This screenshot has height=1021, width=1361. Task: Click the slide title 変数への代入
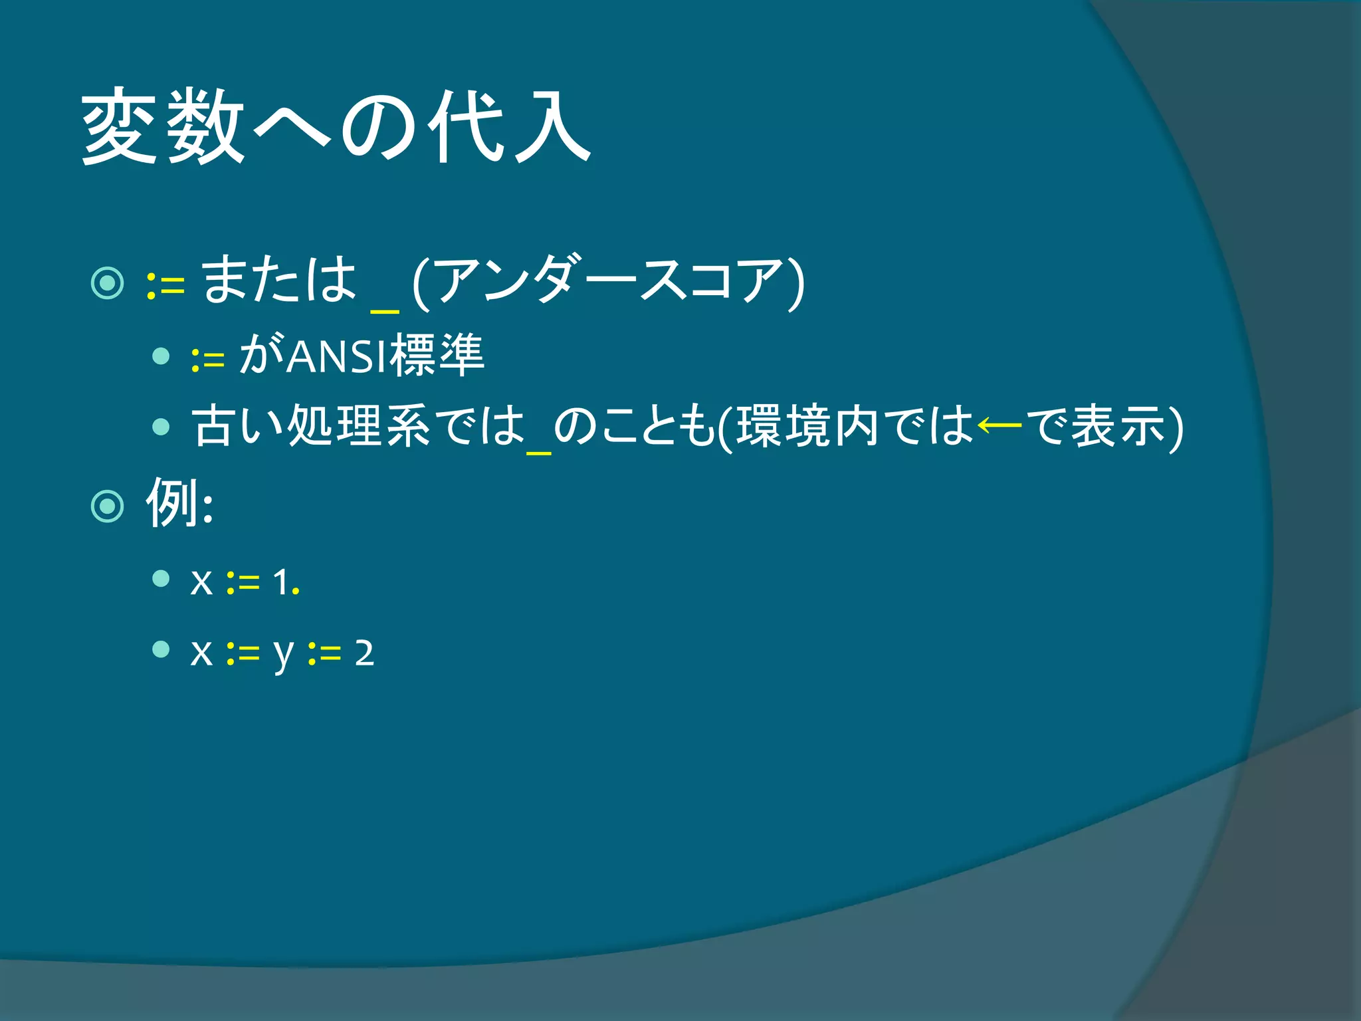pos(336,126)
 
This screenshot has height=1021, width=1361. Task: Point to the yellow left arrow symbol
pos(999,425)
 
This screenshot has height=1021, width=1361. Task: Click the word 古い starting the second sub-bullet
pos(239,426)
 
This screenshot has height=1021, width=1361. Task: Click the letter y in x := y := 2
pos(284,655)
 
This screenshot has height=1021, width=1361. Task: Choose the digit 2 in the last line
pos(364,653)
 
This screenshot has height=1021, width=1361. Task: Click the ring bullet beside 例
pos(107,507)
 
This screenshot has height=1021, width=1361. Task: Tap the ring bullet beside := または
pos(107,283)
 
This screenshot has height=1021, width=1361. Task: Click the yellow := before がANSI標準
pos(207,360)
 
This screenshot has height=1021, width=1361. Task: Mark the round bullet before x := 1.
pos(161,578)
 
